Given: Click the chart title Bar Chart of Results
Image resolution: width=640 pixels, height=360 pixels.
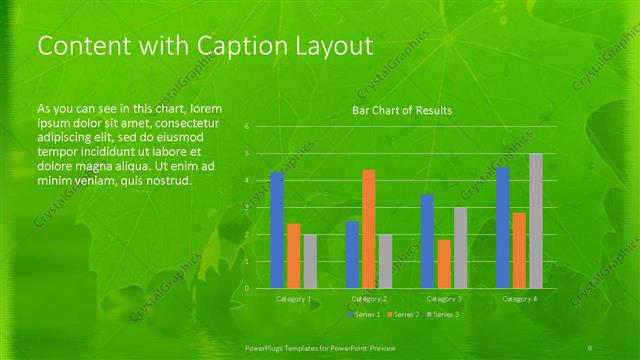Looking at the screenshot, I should [x=402, y=110].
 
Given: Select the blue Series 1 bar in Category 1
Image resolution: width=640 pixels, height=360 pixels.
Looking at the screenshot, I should [x=277, y=230].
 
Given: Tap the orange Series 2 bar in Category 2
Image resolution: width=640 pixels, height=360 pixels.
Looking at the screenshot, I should [x=369, y=229].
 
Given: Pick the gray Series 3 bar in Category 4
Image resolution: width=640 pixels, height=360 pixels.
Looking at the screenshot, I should [x=536, y=221].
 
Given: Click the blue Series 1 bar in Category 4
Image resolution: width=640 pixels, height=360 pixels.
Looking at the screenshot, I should [x=503, y=228].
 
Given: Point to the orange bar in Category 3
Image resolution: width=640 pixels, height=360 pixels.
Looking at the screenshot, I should [x=444, y=264].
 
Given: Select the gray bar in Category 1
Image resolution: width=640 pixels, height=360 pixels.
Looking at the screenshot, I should [x=310, y=261].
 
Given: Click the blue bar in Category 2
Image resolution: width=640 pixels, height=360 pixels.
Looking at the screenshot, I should [x=352, y=255].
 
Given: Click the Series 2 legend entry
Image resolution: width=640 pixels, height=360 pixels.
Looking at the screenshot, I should [x=402, y=315].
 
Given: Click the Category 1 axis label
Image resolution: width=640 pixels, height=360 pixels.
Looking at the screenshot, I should [x=294, y=299].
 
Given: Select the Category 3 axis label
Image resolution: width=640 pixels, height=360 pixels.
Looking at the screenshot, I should [x=444, y=299].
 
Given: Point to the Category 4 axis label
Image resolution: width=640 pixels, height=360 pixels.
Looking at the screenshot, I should [x=519, y=299].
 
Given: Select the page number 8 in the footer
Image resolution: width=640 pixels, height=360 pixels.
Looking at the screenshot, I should [x=591, y=345].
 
